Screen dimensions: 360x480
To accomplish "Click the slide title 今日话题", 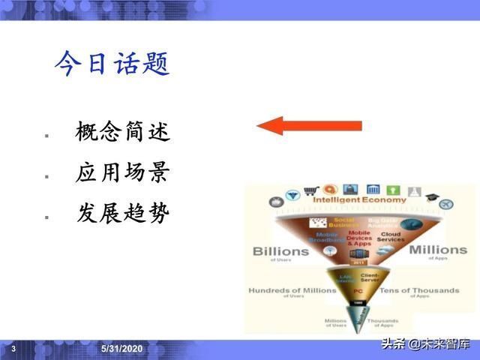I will click(112, 64).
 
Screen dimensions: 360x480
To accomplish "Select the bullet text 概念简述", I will click(123, 133).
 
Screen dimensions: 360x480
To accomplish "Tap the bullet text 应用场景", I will click(123, 173).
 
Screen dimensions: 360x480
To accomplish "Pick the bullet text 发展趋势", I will click(123, 214).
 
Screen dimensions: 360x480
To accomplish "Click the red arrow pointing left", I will click(309, 126).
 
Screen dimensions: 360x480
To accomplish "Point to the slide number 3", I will click(13, 349).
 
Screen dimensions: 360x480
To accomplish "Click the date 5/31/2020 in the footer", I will click(122, 349).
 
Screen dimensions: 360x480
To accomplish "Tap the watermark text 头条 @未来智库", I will click(425, 344).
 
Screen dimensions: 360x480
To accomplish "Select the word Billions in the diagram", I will click(280, 250).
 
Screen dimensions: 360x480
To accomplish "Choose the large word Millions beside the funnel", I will click(439, 249).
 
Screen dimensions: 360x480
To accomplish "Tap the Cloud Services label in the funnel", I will click(391, 237).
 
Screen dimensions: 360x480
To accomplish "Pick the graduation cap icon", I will click(431, 197).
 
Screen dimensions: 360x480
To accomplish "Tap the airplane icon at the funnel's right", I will click(447, 204).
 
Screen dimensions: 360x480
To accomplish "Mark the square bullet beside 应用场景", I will click(46, 177).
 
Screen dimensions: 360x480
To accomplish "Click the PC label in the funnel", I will click(358, 289).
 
